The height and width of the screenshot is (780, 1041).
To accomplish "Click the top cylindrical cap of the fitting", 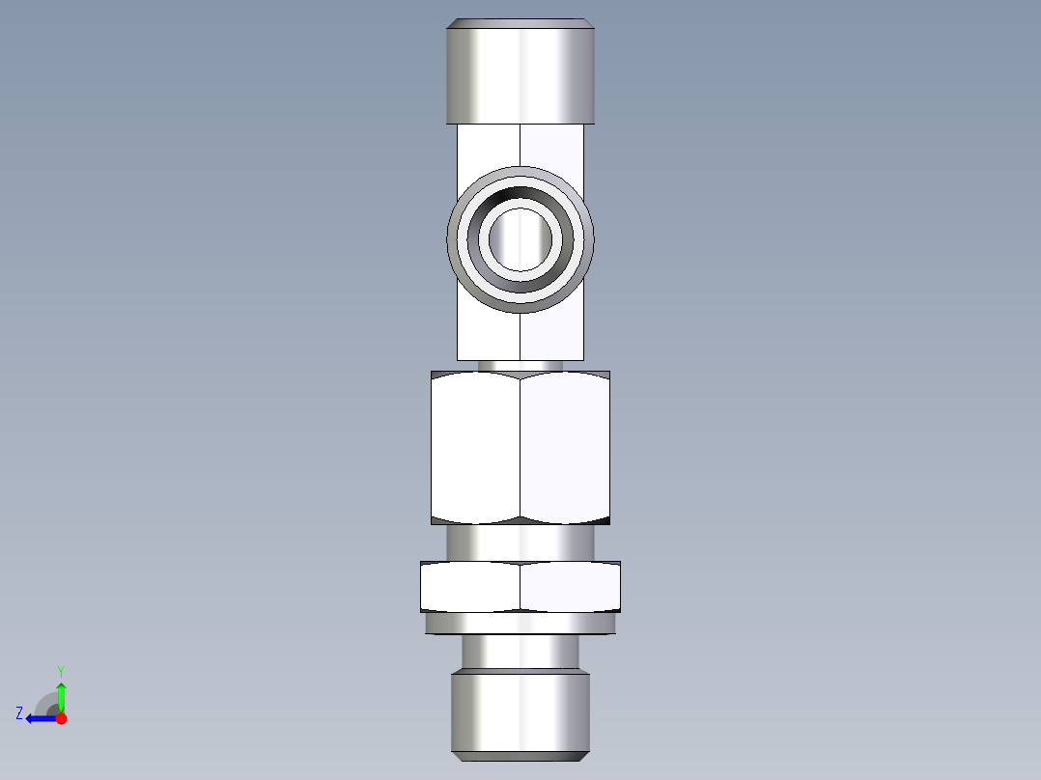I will [x=520, y=72].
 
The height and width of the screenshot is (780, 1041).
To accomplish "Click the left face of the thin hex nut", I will [x=470, y=586].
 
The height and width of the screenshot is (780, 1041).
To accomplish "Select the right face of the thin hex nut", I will [x=570, y=586].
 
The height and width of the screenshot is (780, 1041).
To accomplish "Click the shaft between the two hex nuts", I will [x=520, y=543].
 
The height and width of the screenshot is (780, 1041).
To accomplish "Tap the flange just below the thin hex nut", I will [x=520, y=624].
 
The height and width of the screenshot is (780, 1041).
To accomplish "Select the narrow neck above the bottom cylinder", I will [x=520, y=653].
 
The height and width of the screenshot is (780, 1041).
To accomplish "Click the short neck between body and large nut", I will [x=520, y=366].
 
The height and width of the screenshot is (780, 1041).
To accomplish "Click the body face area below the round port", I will [x=520, y=336].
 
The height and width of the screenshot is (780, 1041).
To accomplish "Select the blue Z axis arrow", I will [x=40, y=718].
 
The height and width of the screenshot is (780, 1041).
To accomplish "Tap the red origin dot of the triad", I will [x=61, y=718].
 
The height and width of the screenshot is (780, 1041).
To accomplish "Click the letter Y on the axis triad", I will [x=60, y=670].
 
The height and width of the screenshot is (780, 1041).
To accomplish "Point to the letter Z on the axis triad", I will [x=19, y=713].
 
